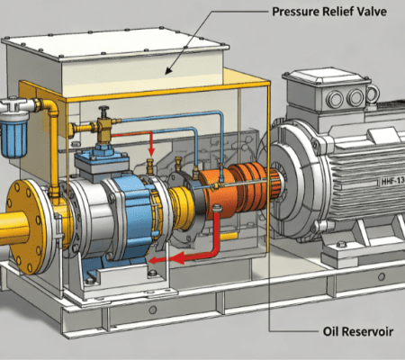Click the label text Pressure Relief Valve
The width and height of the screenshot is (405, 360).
click(329, 12)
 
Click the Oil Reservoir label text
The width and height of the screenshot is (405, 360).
click(358, 331)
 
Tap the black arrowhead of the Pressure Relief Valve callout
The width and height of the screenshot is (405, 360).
click(168, 70)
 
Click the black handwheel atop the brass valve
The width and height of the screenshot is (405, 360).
click(103, 108)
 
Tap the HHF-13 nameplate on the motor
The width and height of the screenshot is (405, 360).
click(392, 181)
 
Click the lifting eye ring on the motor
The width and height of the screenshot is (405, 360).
click(373, 93)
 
